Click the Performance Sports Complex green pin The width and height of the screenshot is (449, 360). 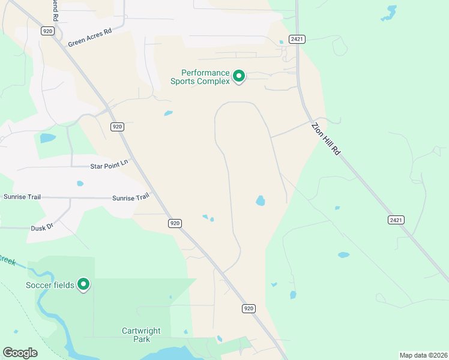tap(238, 76)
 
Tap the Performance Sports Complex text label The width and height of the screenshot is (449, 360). tap(200, 76)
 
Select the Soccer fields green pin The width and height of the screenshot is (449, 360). tap(84, 284)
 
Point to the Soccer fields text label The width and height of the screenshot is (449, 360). tap(50, 285)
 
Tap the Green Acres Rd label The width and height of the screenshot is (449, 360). tap(90, 38)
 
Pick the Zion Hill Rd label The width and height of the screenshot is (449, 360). tap(326, 139)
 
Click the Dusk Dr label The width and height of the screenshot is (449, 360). tap(42, 228)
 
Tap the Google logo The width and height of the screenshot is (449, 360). tap(20, 353)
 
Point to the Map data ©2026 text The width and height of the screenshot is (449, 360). tap(423, 355)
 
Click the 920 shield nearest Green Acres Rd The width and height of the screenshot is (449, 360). tap(47, 31)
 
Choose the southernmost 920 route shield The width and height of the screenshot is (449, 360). tap(249, 308)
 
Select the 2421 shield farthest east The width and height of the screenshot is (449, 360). tap(396, 220)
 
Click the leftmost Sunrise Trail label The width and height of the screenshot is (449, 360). tap(16, 196)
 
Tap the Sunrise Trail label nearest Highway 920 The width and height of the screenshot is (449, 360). tap(130, 197)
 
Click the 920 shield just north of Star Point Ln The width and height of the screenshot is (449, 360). tap(117, 127)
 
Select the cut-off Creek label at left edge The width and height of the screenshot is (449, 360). tap(7, 259)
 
